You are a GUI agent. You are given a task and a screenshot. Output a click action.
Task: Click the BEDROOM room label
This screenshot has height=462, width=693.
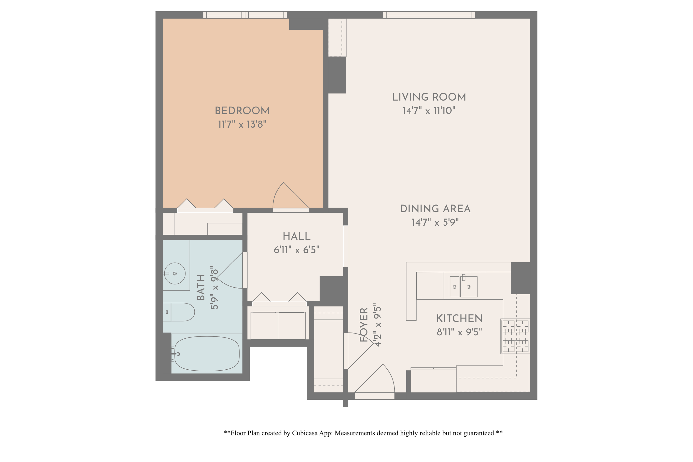tap(242, 111)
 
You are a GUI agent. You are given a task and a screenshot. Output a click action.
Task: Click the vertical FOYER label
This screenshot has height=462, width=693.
tap(364, 325)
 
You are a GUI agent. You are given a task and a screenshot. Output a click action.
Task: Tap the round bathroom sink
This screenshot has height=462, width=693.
tap(175, 273)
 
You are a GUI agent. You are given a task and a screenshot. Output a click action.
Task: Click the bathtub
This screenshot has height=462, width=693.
tap(207, 354)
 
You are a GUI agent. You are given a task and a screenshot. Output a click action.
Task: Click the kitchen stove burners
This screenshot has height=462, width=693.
tap(515, 336)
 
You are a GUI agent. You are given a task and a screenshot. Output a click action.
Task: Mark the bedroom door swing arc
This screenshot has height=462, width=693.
tap(287, 196)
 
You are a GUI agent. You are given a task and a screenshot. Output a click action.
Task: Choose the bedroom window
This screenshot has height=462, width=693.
tap(245, 15)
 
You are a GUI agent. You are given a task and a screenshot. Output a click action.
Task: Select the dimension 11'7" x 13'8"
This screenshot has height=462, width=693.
tap(242, 124)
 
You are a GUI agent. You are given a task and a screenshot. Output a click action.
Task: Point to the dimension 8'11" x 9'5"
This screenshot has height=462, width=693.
tap(459, 332)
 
